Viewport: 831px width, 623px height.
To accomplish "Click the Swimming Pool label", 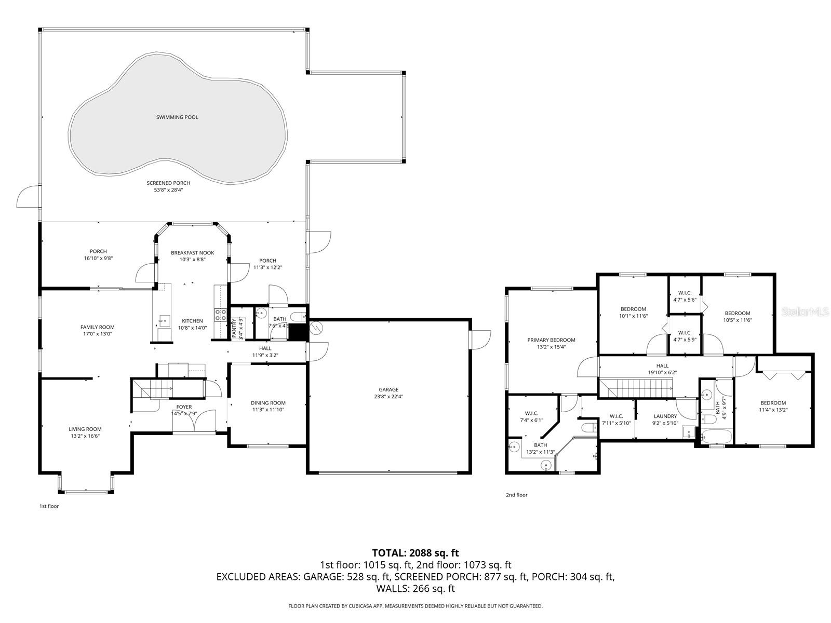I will coord(177,117).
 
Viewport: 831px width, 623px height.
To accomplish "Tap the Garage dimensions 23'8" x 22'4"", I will coord(388,397).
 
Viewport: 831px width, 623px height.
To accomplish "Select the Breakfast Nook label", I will coord(192,253).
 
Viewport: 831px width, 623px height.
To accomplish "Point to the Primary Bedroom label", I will coord(551,340).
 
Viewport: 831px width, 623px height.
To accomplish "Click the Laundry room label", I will coord(665,416).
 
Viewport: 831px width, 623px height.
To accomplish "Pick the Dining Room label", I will coord(268,403).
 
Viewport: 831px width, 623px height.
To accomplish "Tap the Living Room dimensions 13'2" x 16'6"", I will coord(85,436).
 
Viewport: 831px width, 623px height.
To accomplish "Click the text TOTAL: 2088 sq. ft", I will coord(415,553).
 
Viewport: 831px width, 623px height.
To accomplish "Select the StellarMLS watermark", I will coord(805,311).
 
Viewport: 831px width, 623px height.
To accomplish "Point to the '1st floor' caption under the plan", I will coord(49,506).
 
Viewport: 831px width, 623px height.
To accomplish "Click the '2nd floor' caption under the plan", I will coord(516,495).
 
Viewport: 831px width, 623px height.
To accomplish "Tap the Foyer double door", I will coord(195,421).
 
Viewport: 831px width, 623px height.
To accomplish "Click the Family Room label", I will coord(97,327).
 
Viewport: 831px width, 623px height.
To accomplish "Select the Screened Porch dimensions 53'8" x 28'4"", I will coord(168,190).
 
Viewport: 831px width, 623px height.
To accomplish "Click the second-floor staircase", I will coord(636,387).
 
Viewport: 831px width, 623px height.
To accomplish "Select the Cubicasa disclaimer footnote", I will coord(415,606).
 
